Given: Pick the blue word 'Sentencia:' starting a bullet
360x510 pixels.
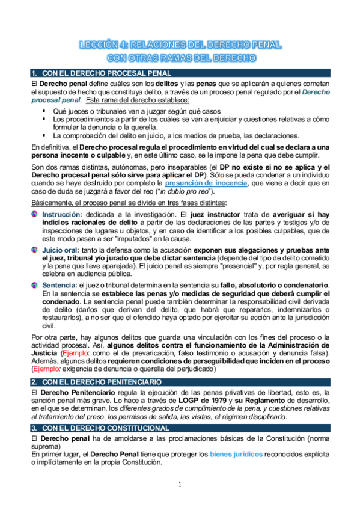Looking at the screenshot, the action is pyautogui.click(x=60, y=284).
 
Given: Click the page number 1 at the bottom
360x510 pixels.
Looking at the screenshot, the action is pyautogui.click(x=179, y=484).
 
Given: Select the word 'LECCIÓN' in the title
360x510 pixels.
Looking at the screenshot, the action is pyautogui.click(x=103, y=45).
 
